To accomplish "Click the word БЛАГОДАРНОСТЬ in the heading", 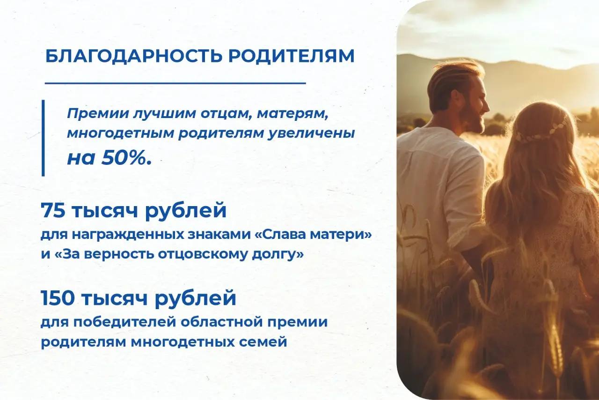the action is point(134,56).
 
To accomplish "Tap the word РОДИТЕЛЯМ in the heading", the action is point(291,56).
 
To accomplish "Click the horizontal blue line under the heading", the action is point(175,83).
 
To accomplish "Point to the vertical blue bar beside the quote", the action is point(43,138).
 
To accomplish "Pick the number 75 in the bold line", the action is point(53,210).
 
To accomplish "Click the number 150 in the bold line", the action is point(58,298).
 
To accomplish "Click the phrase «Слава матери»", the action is point(314,235).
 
